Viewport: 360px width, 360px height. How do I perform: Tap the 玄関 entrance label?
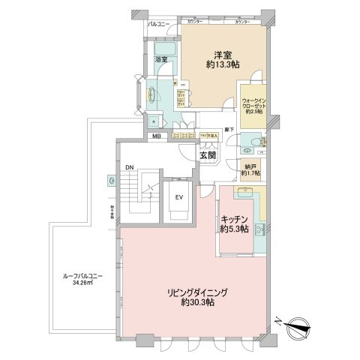pyautogui.click(x=207, y=155)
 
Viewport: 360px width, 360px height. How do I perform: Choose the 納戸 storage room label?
pyautogui.click(x=250, y=167)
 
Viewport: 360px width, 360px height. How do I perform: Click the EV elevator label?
pyautogui.click(x=178, y=197)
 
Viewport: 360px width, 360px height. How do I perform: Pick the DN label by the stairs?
pyautogui.click(x=130, y=168)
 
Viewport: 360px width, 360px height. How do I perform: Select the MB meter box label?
pyautogui.click(x=157, y=136)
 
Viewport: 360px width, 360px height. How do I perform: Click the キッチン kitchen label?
pyautogui.click(x=235, y=219)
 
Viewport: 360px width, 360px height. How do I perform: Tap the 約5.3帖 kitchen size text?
pyautogui.click(x=235, y=230)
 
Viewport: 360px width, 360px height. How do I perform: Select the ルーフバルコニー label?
pyautogui.click(x=82, y=276)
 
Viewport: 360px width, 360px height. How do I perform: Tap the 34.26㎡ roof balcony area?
pyautogui.click(x=82, y=284)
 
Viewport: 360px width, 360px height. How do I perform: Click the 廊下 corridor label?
pyautogui.click(x=232, y=130)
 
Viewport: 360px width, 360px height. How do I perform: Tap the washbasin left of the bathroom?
pyautogui.click(x=151, y=94)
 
